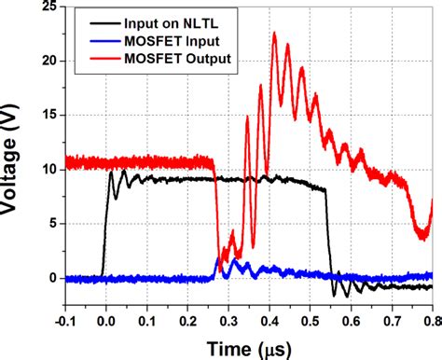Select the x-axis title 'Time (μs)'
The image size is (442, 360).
[248, 347]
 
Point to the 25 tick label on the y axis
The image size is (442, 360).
[45, 7]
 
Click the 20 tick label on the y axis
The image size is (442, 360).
[45, 62]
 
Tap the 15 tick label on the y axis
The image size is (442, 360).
[45, 116]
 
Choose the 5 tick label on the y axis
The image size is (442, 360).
[48, 224]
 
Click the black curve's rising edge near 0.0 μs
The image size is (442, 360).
[105, 224]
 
